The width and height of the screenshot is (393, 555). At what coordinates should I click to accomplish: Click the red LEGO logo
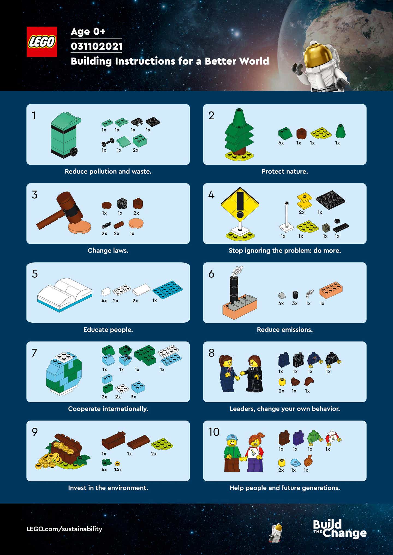(42, 42)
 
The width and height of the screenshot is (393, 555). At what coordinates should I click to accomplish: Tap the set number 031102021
(96, 46)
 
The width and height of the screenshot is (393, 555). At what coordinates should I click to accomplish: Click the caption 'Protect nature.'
(285, 171)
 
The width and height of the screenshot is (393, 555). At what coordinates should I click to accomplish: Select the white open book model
(65, 294)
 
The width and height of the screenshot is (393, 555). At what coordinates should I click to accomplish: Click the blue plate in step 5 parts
(167, 289)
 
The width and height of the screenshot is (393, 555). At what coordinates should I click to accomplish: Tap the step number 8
(212, 353)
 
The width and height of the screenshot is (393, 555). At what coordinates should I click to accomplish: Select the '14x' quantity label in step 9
(118, 470)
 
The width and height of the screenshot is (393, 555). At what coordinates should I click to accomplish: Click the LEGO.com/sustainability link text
(64, 529)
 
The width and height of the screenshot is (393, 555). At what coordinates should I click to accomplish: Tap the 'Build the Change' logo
(340, 529)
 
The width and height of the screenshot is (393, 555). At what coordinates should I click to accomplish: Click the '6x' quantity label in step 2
(281, 143)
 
